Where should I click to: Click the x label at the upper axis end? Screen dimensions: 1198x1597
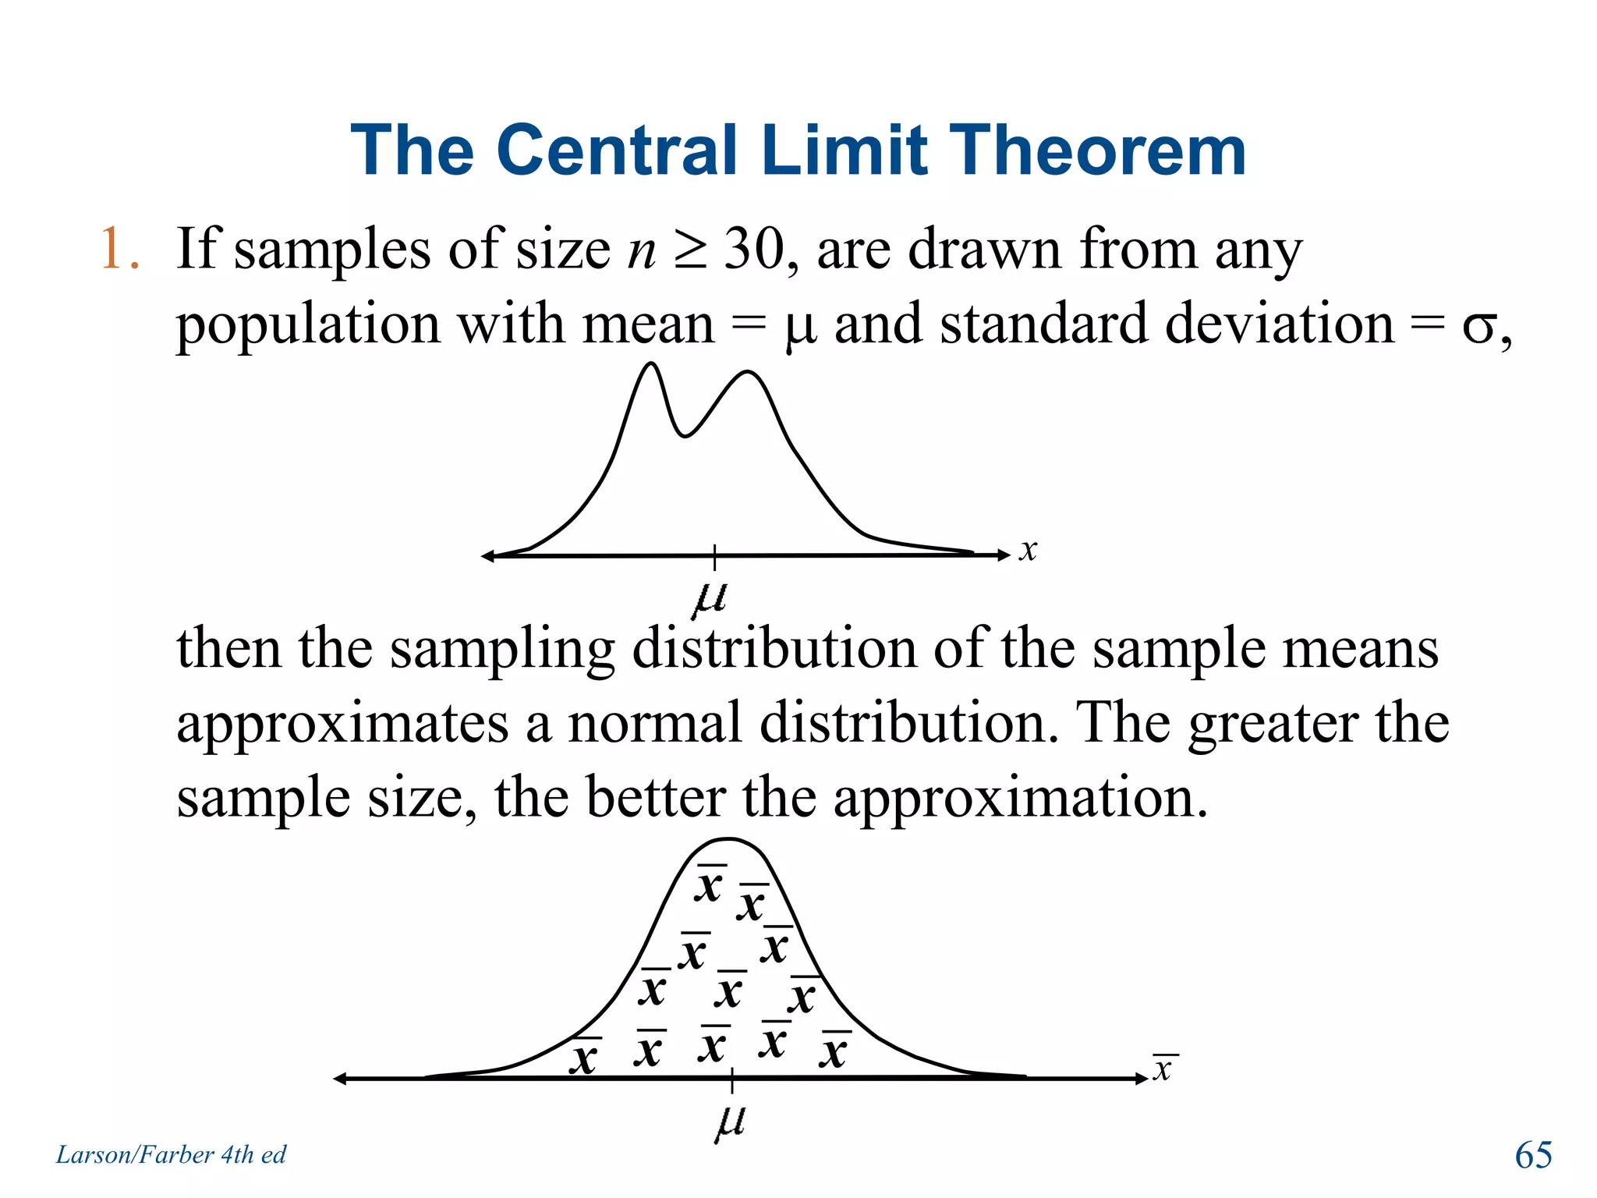[x=1029, y=550]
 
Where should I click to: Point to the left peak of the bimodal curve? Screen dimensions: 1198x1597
[x=650, y=365]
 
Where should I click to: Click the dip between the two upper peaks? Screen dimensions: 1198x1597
[x=685, y=435]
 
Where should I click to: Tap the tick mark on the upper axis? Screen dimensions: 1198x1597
[x=714, y=555]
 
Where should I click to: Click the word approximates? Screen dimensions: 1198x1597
[x=342, y=724]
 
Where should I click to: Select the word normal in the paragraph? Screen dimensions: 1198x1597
[x=655, y=722]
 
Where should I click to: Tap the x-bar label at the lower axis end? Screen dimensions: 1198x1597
[x=1163, y=1068]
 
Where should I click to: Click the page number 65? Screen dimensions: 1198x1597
[x=1533, y=1154]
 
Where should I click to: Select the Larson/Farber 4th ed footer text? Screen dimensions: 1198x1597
[x=171, y=1154]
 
